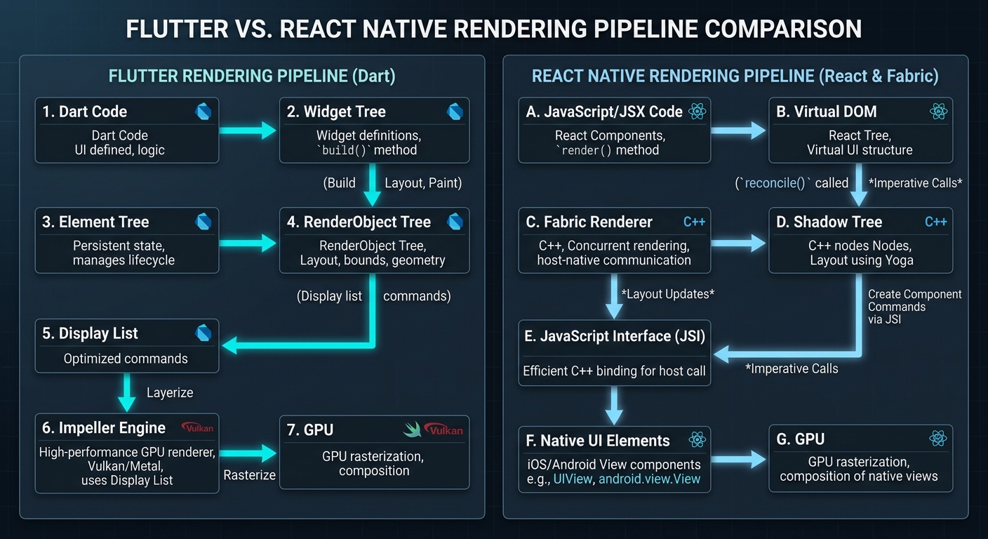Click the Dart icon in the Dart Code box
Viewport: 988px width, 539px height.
tap(203, 112)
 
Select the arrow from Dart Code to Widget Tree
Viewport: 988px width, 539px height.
tap(248, 130)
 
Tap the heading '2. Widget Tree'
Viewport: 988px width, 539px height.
tap(336, 112)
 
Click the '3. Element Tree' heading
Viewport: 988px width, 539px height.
tap(95, 222)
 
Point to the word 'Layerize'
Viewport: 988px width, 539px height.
tap(170, 392)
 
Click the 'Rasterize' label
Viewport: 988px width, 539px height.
tap(249, 475)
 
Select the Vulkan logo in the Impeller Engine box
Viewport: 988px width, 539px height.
tap(197, 427)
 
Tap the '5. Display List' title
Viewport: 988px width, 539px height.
tap(90, 333)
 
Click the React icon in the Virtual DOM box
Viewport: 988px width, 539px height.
tap(938, 111)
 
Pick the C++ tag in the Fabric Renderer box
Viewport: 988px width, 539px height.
tap(694, 222)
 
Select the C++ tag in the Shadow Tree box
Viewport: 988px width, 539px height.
tap(935, 222)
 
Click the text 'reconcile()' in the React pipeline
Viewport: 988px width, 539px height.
tap(775, 183)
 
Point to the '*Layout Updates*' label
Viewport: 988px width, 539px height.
tap(667, 294)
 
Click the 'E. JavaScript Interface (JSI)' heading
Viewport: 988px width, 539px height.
tap(615, 336)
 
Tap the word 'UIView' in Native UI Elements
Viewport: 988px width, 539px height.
tap(573, 479)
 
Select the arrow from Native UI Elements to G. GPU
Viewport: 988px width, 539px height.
tap(738, 460)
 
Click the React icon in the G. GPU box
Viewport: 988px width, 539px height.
tap(938, 439)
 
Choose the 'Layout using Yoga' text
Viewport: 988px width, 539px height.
tap(861, 260)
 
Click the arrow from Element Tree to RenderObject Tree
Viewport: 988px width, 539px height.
tap(248, 243)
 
